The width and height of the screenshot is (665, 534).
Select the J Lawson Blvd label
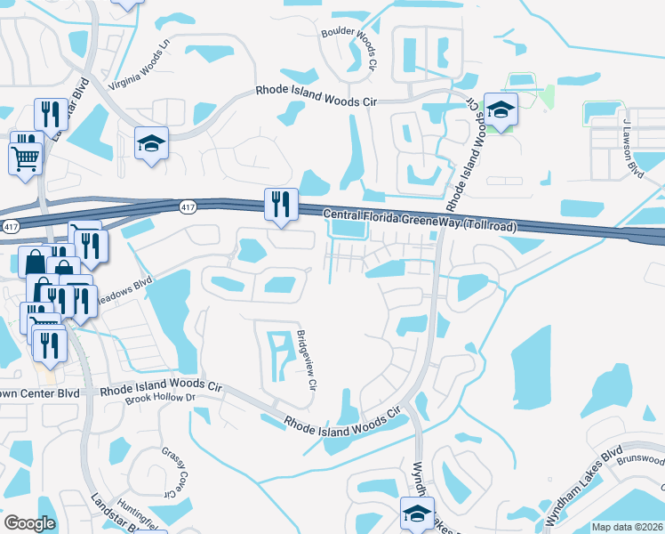(632, 148)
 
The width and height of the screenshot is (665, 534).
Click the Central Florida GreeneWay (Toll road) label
(419, 220)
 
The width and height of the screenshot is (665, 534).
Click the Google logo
(29, 523)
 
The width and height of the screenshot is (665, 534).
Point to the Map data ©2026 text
(626, 527)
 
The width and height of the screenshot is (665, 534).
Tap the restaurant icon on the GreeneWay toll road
(278, 204)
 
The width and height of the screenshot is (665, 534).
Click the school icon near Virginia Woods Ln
(152, 142)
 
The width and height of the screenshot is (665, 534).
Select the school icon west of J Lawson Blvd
(500, 109)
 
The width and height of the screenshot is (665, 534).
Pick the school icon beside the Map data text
(417, 514)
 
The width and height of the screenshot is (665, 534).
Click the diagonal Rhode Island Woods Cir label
(343, 423)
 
